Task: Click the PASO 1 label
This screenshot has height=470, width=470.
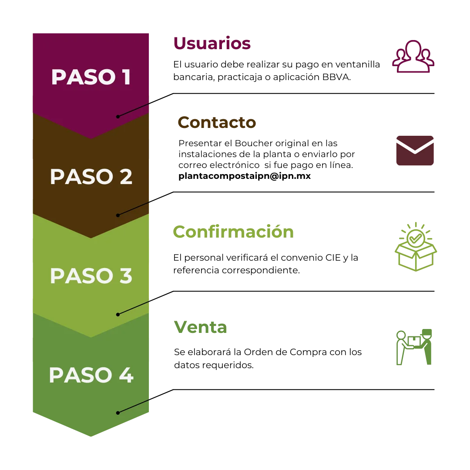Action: (91, 77)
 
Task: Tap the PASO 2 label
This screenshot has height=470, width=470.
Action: (91, 177)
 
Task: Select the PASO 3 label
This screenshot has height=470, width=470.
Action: (91, 276)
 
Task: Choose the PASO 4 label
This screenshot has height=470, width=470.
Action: (91, 375)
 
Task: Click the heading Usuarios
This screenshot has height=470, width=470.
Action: (212, 44)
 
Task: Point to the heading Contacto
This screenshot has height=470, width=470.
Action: (217, 122)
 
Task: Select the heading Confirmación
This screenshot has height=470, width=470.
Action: (233, 232)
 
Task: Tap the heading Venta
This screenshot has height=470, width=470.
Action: (201, 327)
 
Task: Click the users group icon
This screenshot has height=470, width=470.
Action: (413, 56)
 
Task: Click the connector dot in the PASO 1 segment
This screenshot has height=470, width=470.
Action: (117, 117)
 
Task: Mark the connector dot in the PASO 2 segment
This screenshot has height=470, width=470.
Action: (117, 215)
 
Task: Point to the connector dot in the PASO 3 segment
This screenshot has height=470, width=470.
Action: (117, 314)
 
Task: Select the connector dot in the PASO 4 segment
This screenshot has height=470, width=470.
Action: (117, 413)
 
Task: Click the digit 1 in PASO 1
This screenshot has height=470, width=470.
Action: (126, 77)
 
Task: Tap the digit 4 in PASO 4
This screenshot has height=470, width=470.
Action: (126, 375)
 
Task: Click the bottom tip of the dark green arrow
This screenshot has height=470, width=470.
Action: (91, 436)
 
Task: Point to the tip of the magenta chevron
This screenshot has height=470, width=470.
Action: (91, 138)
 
